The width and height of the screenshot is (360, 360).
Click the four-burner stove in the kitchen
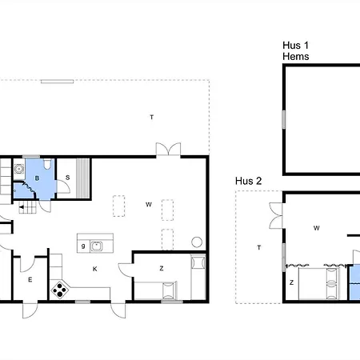59,290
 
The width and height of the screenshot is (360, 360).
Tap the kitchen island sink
96,246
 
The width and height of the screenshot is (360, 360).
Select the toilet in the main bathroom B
47,163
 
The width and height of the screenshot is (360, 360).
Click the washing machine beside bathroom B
19,169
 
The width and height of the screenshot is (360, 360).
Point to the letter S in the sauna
68,178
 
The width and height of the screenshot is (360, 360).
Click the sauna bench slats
82,178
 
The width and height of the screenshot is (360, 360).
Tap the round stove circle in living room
197,242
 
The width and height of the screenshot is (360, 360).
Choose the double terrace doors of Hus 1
168,149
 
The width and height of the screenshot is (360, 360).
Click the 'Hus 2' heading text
249,181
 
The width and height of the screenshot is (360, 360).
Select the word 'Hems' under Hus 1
296,57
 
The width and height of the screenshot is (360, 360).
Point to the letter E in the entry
30,280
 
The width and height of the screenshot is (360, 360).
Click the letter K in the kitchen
95,269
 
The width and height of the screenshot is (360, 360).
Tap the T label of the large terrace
152,117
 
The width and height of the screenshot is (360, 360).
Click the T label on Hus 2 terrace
259,248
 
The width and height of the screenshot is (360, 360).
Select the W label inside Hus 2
317,228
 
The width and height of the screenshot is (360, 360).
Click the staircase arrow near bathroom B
22,207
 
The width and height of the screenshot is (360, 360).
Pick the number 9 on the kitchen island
83,246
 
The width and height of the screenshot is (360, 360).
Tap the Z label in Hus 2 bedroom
291,282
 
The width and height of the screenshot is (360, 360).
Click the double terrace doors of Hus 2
276,215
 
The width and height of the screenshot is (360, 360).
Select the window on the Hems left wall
284,120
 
